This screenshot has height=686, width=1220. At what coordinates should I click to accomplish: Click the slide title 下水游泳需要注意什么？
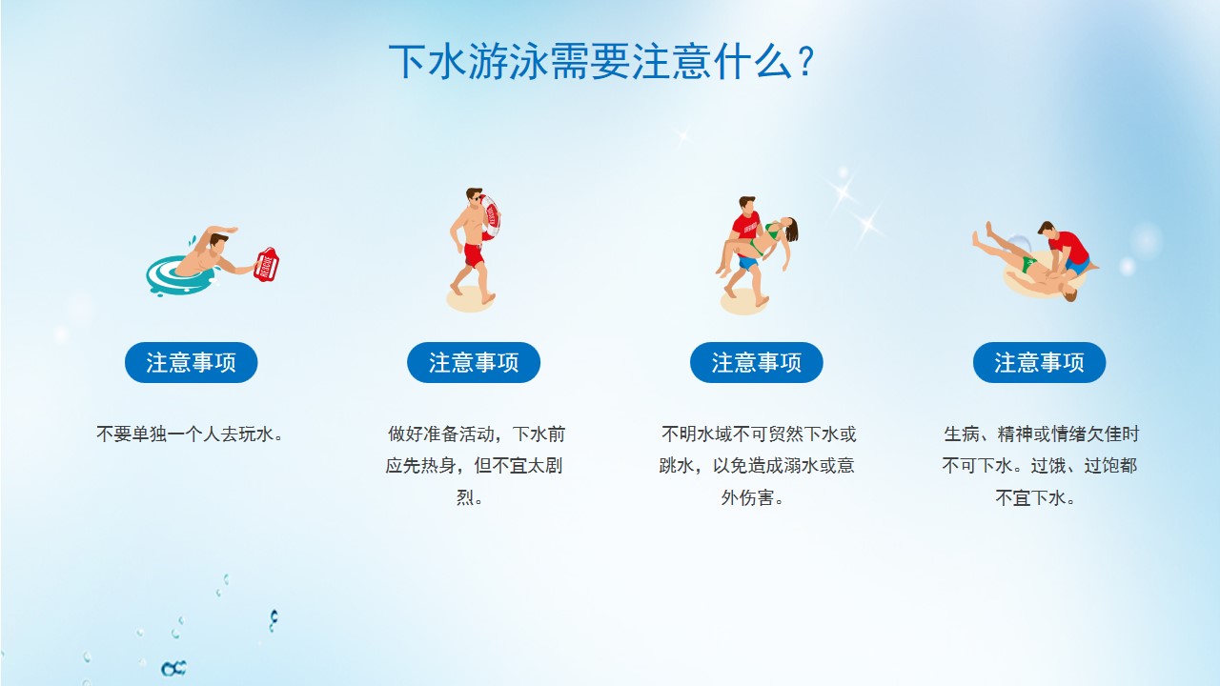(x=601, y=62)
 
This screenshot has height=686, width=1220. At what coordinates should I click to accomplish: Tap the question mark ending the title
(x=804, y=62)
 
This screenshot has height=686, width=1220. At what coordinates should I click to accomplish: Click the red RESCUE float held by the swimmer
(x=266, y=265)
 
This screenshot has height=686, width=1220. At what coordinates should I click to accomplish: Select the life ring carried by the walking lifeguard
(x=490, y=217)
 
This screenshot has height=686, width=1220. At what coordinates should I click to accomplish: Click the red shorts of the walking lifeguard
(x=474, y=254)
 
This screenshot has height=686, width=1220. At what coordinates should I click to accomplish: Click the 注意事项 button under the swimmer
(x=192, y=363)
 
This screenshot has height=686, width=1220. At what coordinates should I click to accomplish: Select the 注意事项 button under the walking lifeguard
(x=474, y=363)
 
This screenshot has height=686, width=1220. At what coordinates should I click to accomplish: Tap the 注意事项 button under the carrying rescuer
(x=757, y=363)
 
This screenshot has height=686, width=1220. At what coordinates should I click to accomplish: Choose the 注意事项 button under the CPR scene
(x=1039, y=363)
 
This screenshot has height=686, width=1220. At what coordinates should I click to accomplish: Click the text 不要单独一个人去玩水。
(x=190, y=434)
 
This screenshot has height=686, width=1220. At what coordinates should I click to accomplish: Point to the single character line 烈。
(x=470, y=497)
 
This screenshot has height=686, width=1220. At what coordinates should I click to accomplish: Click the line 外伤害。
(x=752, y=497)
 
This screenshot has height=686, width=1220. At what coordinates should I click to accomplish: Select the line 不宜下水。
(x=1035, y=497)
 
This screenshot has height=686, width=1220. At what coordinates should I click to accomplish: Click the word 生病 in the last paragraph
(x=962, y=434)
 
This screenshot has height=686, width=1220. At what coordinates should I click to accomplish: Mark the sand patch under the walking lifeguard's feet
(x=471, y=299)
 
